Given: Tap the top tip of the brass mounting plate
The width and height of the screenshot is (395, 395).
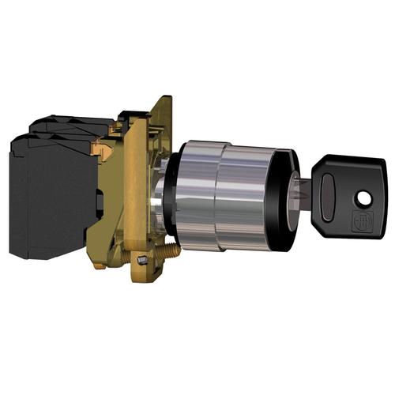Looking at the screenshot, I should (165, 102).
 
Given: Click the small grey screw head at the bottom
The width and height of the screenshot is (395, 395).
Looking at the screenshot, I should (143, 261).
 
